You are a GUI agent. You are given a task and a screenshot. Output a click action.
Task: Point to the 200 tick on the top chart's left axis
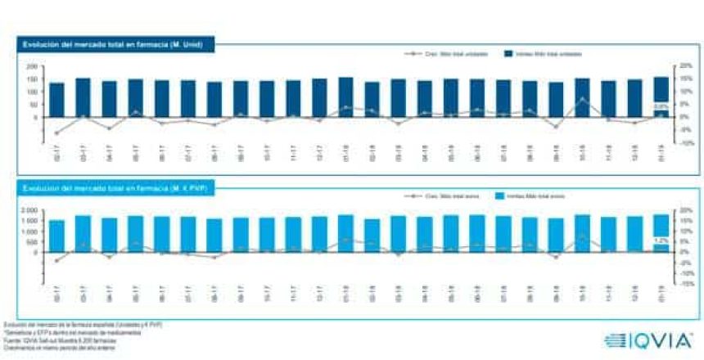pos(33,66)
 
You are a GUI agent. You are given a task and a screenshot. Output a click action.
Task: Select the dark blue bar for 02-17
pos(56,100)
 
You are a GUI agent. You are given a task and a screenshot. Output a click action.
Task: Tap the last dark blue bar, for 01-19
pos(660,97)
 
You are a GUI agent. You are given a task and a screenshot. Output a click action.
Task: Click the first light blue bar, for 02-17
pos(56,236)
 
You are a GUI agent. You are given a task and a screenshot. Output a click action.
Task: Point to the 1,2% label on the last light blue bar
pos(661,241)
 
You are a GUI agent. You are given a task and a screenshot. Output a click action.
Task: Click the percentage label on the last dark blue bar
pos(661,106)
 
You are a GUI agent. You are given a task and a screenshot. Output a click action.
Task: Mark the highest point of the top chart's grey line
pos(583,99)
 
